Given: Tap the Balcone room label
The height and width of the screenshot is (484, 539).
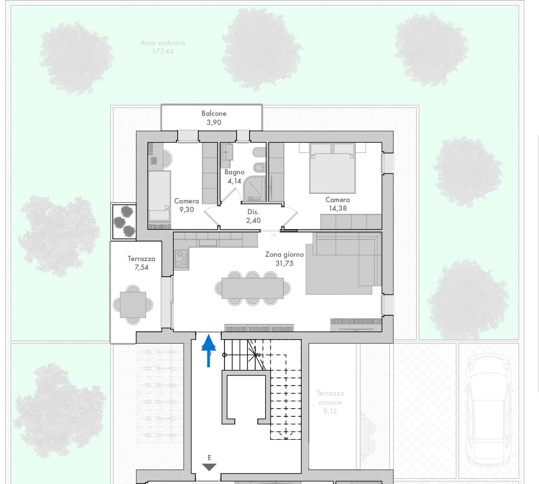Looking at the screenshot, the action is tap(214, 114).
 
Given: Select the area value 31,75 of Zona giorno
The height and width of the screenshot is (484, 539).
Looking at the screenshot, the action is tap(284, 263).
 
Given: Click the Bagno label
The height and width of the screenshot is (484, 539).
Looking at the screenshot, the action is tap(234, 172).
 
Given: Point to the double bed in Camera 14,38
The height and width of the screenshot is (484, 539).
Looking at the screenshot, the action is tap(332, 168).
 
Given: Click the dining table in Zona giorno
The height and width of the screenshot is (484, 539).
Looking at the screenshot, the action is tap(253, 288).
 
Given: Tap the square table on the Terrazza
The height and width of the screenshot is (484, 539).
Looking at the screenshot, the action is tap(133, 305).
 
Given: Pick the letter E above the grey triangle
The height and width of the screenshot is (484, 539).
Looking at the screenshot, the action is tap(209, 458).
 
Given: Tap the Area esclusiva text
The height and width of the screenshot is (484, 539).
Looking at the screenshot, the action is tap(163, 43).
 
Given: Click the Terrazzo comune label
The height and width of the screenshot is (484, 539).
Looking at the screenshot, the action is tap(330, 398).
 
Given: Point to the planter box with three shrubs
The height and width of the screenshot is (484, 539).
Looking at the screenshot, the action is tap(124, 222).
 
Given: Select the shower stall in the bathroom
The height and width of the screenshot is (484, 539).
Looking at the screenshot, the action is tap(254, 189).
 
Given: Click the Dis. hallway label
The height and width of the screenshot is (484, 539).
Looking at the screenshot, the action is tap(253, 212).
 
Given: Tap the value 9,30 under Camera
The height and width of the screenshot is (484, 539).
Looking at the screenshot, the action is tap(186, 209).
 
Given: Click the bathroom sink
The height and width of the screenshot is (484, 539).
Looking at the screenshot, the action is tap(227, 152).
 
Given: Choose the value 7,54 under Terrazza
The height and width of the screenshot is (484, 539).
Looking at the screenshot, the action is tap(141, 268).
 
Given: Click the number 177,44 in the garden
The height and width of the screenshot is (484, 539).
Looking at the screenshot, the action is tap(163, 52).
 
